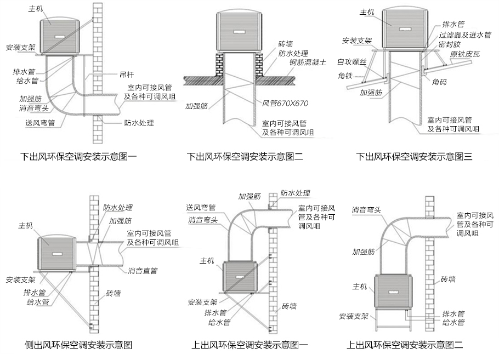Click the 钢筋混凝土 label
coord(308,62)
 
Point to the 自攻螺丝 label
coord(351,61)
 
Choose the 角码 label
coord(440,82)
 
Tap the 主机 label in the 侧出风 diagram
coord(25,225)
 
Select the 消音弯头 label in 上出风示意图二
coord(367,209)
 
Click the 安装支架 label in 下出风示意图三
coord(357,41)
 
